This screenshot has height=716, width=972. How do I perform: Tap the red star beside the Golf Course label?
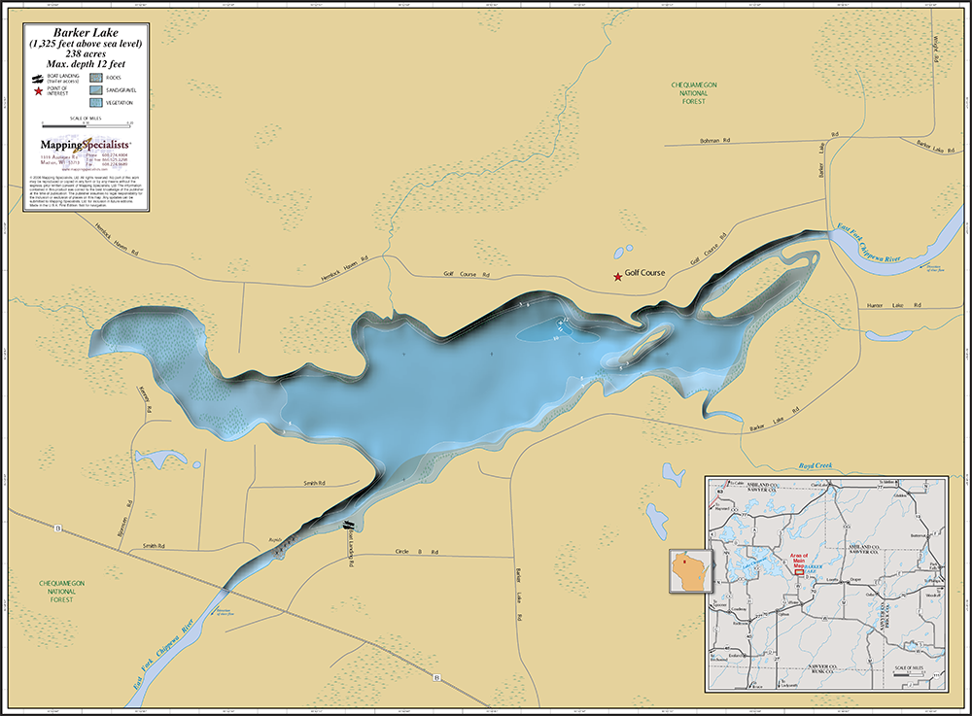click(617, 277)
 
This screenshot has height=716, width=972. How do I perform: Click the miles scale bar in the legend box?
click(86, 125)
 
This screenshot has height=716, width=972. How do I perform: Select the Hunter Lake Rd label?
click(890, 306)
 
